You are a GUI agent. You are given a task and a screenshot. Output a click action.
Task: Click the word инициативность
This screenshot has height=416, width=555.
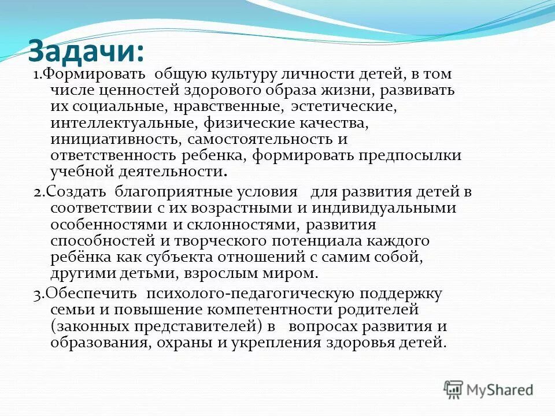116,140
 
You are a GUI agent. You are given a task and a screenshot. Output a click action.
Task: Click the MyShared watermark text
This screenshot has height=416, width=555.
499,390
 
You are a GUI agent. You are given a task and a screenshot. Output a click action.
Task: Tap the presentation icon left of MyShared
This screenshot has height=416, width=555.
453,389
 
